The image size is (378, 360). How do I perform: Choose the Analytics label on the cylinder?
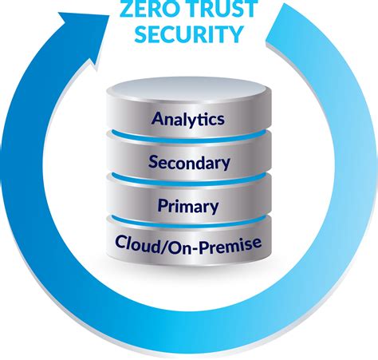[189, 120]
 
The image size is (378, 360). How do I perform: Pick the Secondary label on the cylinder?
[189, 163]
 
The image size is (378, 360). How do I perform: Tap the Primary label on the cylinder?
[189, 206]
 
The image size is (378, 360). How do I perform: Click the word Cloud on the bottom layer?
[137, 242]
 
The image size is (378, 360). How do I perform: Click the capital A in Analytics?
[156, 120]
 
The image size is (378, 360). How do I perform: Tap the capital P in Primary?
[163, 206]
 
